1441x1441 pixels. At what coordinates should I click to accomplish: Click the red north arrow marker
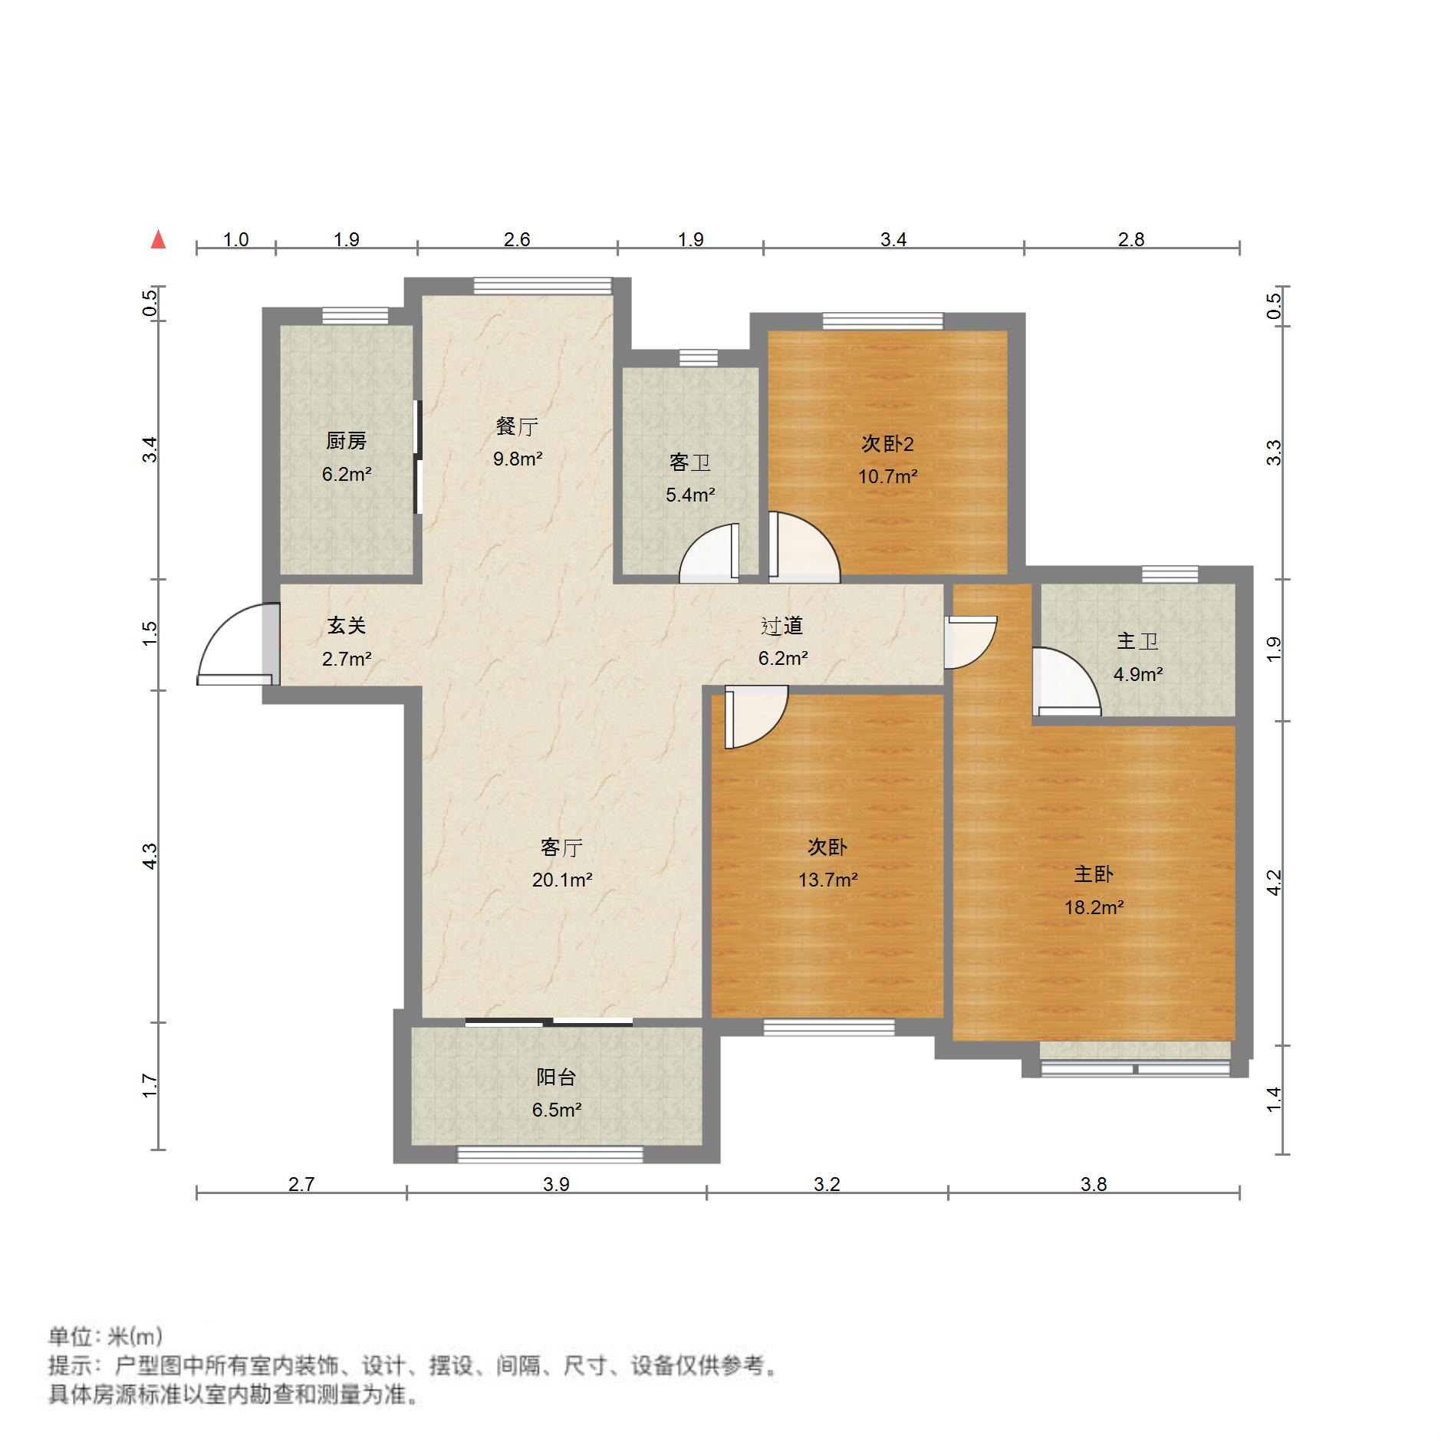click(158, 240)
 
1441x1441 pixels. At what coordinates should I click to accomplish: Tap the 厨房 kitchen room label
click(346, 441)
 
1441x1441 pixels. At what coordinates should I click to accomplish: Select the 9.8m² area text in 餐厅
click(518, 459)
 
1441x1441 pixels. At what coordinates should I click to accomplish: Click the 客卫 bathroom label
click(689, 462)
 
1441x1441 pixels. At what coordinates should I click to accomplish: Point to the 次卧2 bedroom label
click(887, 444)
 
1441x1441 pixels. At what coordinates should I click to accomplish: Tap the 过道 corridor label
click(781, 626)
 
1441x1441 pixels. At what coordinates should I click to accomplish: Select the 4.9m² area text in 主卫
click(1137, 675)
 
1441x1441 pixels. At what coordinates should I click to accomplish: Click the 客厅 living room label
click(561, 847)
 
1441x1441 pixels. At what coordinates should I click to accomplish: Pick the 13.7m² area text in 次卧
click(827, 880)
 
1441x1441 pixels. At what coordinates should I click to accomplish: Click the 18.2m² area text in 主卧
click(1094, 908)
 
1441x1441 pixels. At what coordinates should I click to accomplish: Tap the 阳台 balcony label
click(556, 1077)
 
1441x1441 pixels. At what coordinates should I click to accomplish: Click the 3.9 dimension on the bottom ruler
click(556, 1185)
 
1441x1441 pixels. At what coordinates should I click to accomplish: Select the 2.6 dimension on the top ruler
click(517, 240)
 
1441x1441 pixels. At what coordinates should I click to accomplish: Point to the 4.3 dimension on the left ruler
click(150, 856)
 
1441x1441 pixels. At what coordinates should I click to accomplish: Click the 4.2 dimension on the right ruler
click(1274, 883)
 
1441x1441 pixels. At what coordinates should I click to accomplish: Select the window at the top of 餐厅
click(543, 286)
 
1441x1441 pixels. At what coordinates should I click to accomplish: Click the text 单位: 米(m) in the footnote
click(105, 1337)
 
